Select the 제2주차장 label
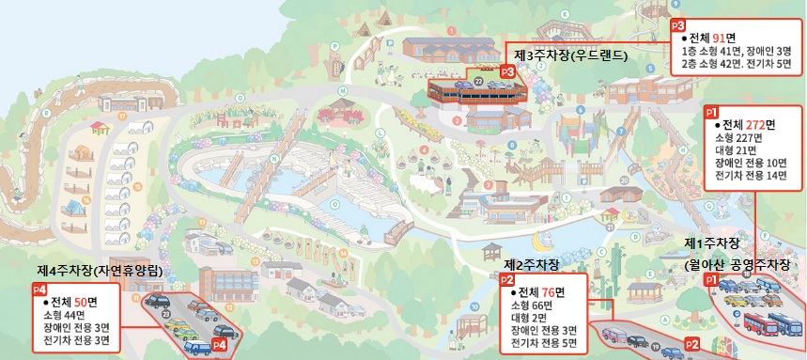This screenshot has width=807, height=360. [x=532, y=264]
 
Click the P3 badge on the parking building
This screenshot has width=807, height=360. [x=508, y=70]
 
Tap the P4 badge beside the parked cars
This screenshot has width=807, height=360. [x=220, y=345]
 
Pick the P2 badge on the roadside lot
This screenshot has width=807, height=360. [x=692, y=344]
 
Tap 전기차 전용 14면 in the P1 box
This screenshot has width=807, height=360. [x=750, y=176]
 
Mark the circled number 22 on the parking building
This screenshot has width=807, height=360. [x=478, y=82]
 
